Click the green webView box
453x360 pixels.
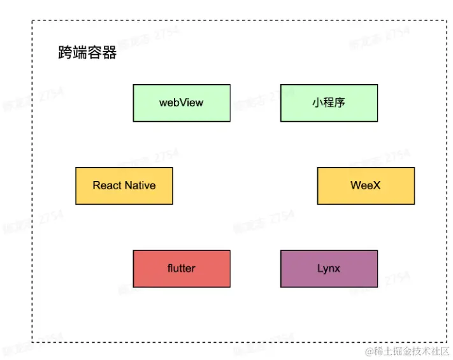[182, 103]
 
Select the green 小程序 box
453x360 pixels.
[329, 103]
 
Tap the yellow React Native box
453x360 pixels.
[124, 185]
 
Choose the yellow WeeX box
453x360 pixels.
[366, 185]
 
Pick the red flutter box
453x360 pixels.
[182, 268]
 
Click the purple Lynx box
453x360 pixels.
[329, 268]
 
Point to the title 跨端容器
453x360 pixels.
[87, 53]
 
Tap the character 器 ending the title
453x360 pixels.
[110, 53]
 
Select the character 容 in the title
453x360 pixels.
[95, 53]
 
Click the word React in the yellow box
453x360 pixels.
[106, 185]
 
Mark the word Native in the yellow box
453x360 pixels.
[140, 185]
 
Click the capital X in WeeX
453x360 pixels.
[377, 185]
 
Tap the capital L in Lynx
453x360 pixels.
[320, 268]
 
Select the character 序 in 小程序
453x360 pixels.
[340, 103]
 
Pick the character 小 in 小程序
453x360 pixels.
[318, 103]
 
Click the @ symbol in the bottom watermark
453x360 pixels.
[369, 351]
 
